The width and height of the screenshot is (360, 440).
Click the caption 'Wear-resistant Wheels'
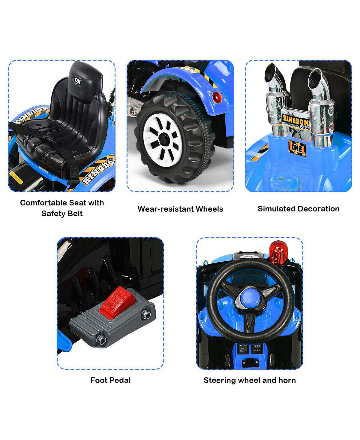click(180, 209)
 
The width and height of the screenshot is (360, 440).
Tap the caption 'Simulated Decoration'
click(298, 209)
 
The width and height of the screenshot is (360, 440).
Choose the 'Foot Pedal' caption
click(111, 380)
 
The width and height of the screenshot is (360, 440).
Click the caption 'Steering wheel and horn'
click(250, 380)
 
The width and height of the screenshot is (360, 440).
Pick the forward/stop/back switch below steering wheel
click(242, 348)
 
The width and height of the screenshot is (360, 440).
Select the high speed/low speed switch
click(256, 348)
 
